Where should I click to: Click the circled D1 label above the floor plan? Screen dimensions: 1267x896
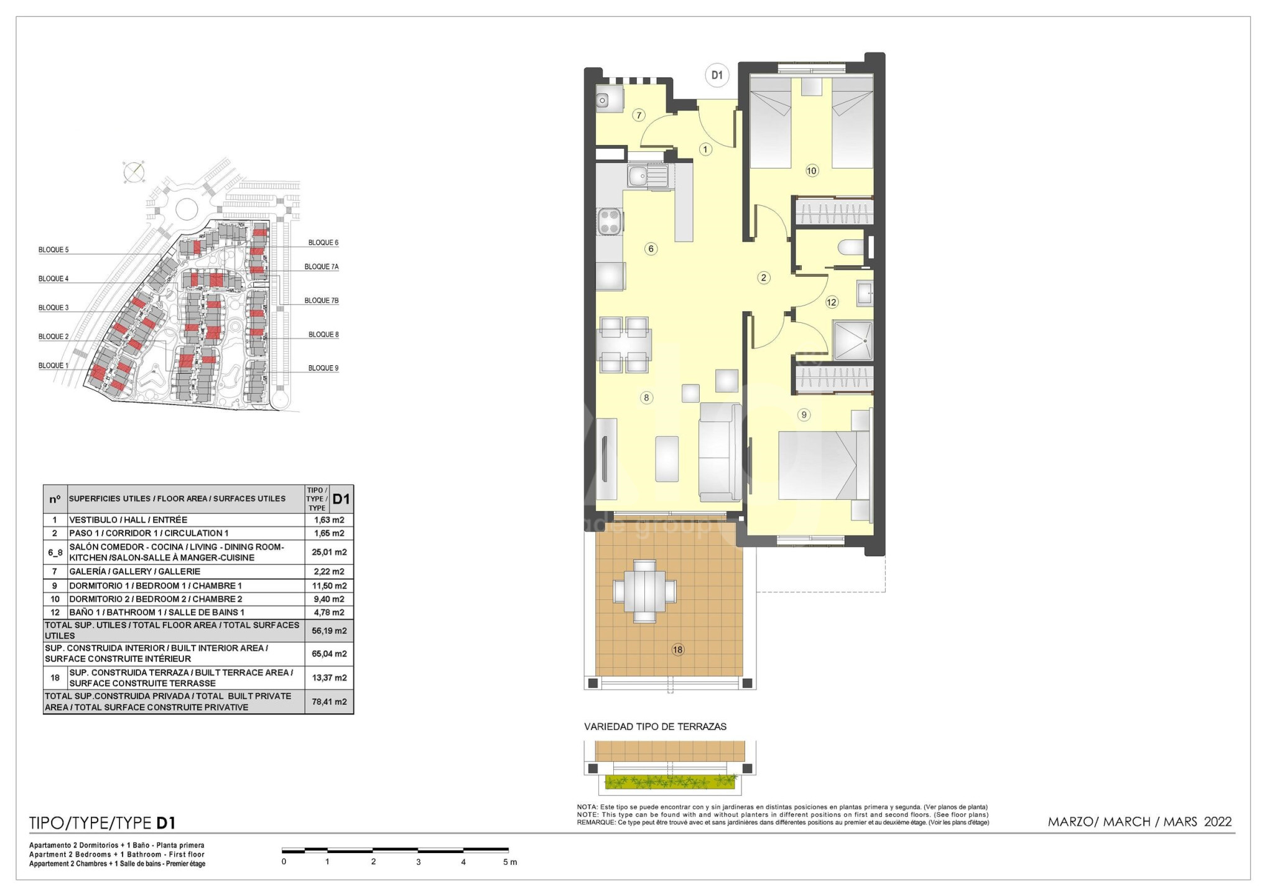[x=717, y=75]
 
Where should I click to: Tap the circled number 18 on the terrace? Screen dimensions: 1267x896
[x=677, y=650]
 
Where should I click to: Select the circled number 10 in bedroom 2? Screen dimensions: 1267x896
[x=812, y=170]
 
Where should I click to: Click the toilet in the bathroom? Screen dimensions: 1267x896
[x=851, y=248]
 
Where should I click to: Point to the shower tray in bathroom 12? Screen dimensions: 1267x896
[x=852, y=340]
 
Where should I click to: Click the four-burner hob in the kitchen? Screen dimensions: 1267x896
[x=610, y=222]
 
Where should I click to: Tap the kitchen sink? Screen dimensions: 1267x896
[x=647, y=176]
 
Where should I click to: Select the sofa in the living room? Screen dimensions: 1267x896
[x=720, y=452]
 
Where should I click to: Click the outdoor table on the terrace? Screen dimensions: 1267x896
[x=644, y=591]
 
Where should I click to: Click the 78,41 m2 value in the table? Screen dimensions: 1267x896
[x=329, y=701]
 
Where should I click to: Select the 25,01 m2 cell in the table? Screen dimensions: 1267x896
[x=329, y=552]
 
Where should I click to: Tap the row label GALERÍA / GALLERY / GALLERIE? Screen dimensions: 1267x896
[x=135, y=571]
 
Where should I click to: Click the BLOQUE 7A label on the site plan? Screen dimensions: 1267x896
[x=322, y=267]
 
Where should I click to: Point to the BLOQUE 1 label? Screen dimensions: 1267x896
[x=53, y=366]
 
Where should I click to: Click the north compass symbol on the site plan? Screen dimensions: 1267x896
[x=134, y=172]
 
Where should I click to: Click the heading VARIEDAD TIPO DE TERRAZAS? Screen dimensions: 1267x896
[x=655, y=727]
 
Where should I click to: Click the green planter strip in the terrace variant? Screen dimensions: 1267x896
[x=671, y=782]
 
